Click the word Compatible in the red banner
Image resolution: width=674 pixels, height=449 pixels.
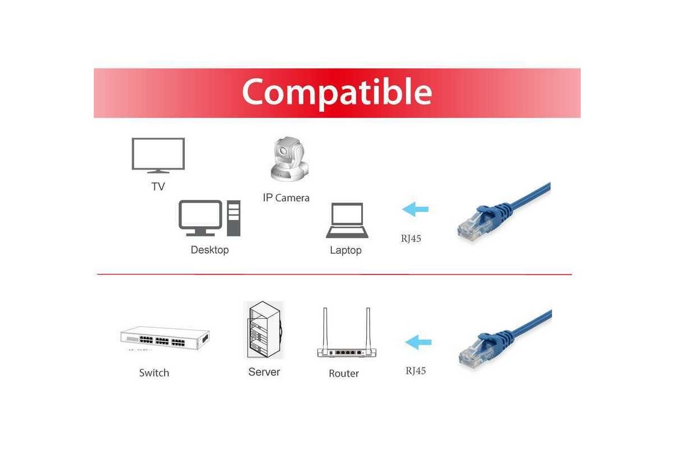click(x=337, y=93)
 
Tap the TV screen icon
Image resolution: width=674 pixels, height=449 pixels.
click(x=158, y=155)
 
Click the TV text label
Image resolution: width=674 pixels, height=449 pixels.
click(x=158, y=186)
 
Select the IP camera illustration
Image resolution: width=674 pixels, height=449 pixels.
click(x=289, y=159)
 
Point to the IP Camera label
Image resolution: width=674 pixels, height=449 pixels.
click(x=286, y=198)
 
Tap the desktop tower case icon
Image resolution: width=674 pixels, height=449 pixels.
click(x=234, y=218)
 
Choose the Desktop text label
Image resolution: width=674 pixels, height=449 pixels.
click(x=210, y=250)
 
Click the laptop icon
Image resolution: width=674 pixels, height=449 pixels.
click(x=347, y=221)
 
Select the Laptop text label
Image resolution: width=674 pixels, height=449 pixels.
click(x=346, y=250)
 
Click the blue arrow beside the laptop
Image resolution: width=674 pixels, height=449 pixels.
click(x=415, y=209)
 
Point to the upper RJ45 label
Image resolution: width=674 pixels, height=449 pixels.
click(x=411, y=239)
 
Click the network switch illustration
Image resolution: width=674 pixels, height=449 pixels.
click(x=165, y=338)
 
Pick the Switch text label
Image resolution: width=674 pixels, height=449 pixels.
click(x=154, y=373)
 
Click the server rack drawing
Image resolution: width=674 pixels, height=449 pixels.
click(x=264, y=330)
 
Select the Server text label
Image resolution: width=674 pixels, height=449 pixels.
click(x=264, y=372)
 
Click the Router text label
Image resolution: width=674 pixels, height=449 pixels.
click(x=344, y=374)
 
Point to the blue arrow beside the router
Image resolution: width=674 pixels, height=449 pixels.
click(x=418, y=342)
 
